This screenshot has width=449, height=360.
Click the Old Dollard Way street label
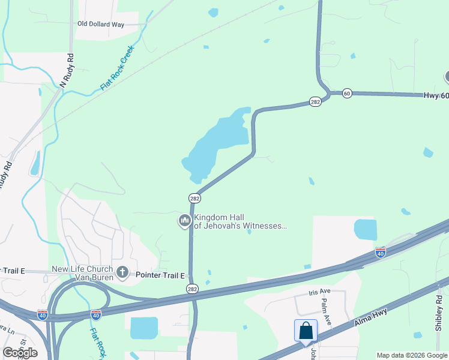pyautogui.click(x=100, y=24)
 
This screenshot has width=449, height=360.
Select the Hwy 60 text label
pyautogui.click(x=436, y=95)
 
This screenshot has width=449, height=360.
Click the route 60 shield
pyautogui.click(x=347, y=93)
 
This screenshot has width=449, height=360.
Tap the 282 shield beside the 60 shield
pyautogui.click(x=315, y=102)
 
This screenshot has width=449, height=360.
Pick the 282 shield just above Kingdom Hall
pyautogui.click(x=194, y=198)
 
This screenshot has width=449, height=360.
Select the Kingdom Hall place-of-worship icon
pyautogui.click(x=184, y=221)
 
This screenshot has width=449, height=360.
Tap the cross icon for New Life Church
pyautogui.click(x=122, y=273)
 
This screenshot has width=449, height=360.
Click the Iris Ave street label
pyautogui.click(x=319, y=292)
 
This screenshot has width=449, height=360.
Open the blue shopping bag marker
pyautogui.click(x=306, y=331)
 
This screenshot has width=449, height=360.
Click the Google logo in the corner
pyautogui.click(x=20, y=352)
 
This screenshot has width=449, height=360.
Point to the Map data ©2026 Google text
pyautogui.click(x=412, y=355)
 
